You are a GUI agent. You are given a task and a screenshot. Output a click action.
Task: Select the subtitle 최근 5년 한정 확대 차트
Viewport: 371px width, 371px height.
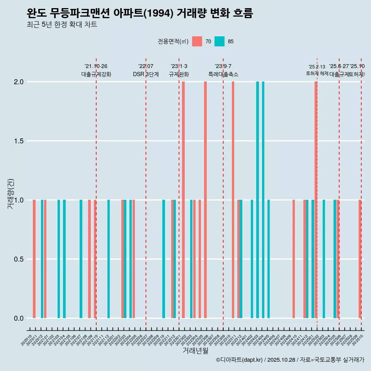[62, 25]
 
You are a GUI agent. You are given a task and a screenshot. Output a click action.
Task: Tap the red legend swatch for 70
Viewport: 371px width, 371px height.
[197, 41]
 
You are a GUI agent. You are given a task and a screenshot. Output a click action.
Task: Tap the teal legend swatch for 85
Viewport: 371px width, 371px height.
[220, 41]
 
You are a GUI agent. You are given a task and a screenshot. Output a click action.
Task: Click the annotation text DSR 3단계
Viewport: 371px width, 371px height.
[146, 74]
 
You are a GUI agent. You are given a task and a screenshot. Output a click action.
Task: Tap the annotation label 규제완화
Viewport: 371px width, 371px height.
[179, 74]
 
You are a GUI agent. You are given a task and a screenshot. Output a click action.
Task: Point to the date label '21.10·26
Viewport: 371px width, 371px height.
[96, 66]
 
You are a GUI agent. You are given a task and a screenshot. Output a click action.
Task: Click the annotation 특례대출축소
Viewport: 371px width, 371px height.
[223, 74]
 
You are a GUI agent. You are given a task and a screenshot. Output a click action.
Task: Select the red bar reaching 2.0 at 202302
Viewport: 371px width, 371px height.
[183, 199]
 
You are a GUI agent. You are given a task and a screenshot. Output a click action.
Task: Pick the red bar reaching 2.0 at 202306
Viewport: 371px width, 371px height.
[205, 199]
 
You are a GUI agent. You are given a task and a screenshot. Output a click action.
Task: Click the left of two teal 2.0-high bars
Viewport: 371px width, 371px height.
[257, 199]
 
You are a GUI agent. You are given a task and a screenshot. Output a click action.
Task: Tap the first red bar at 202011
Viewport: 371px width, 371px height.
[34, 259]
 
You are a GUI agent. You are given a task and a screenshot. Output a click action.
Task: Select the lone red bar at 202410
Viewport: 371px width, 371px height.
[294, 259]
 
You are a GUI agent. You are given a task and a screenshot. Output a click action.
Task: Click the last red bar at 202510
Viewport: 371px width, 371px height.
[360, 259]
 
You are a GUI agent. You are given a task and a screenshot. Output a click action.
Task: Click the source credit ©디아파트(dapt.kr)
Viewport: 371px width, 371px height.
[240, 360]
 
